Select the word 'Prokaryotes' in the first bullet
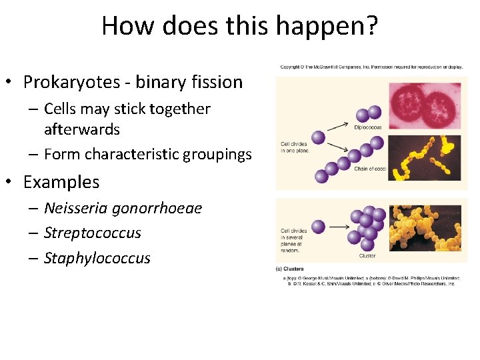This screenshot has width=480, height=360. click(x=65, y=82)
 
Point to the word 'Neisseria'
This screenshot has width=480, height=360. click(x=74, y=208)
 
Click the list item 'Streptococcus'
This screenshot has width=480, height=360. click(x=93, y=233)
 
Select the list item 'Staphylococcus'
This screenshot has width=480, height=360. click(x=97, y=258)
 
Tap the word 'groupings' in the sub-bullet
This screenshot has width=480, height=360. click(x=219, y=155)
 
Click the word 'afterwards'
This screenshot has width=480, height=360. click(x=81, y=129)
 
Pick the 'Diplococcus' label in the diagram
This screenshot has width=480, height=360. click(x=368, y=127)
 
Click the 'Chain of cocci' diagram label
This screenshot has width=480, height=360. click(x=371, y=168)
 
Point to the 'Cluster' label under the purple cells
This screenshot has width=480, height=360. click(x=367, y=255)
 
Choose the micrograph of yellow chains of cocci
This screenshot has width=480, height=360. click(x=424, y=159)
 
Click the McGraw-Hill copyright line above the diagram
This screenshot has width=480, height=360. click(x=371, y=67)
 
